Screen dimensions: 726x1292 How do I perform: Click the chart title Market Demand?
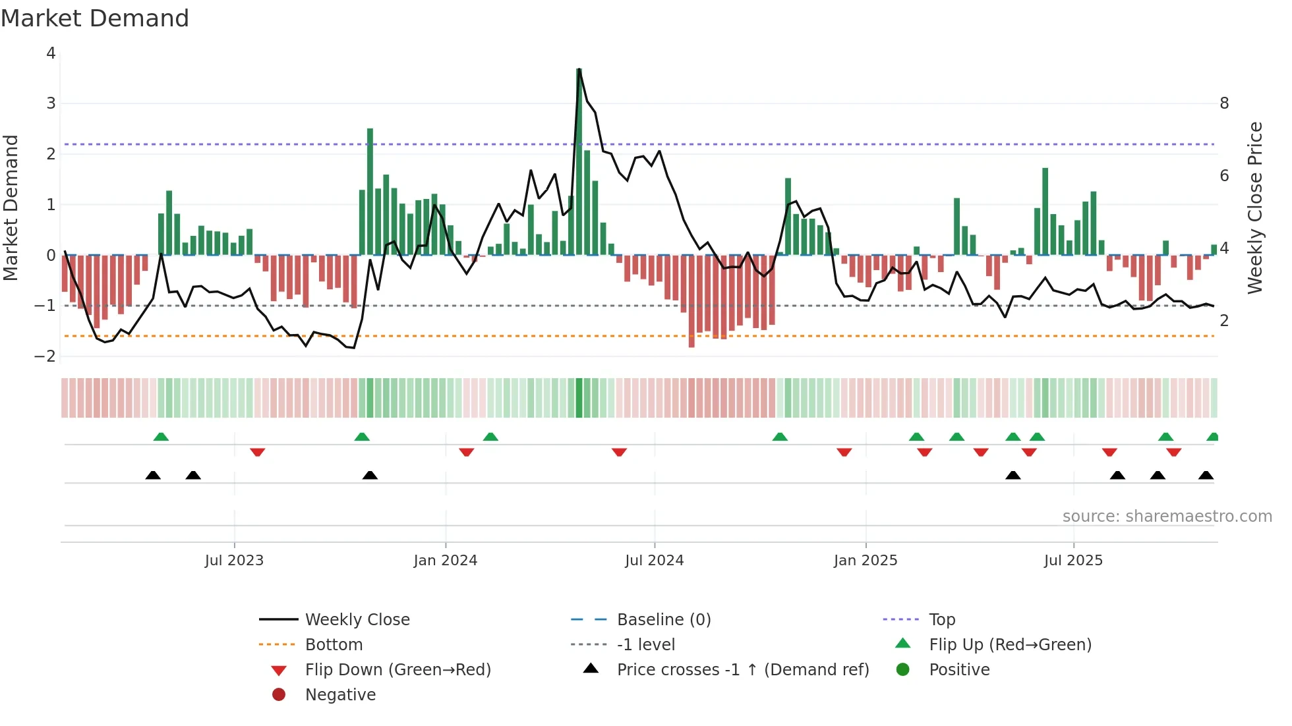[95, 18]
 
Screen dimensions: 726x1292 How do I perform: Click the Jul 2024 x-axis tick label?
[654, 561]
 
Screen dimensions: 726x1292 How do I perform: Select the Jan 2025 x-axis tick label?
[865, 561]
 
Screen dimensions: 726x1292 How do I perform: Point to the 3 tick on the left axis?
[51, 103]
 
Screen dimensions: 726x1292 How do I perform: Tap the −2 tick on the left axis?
[45, 356]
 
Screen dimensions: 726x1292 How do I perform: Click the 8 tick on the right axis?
[1224, 103]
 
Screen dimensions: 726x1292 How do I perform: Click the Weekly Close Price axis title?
[1255, 208]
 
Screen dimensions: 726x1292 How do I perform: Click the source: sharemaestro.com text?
[1167, 517]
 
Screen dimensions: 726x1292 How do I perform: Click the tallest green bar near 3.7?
[579, 161]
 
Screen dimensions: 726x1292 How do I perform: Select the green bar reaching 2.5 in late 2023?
[370, 191]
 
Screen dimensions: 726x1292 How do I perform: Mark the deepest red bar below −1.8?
[691, 301]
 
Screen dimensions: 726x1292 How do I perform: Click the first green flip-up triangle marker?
[161, 437]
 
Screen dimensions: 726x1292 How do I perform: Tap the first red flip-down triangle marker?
[258, 452]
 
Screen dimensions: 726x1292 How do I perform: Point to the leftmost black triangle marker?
[153, 475]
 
